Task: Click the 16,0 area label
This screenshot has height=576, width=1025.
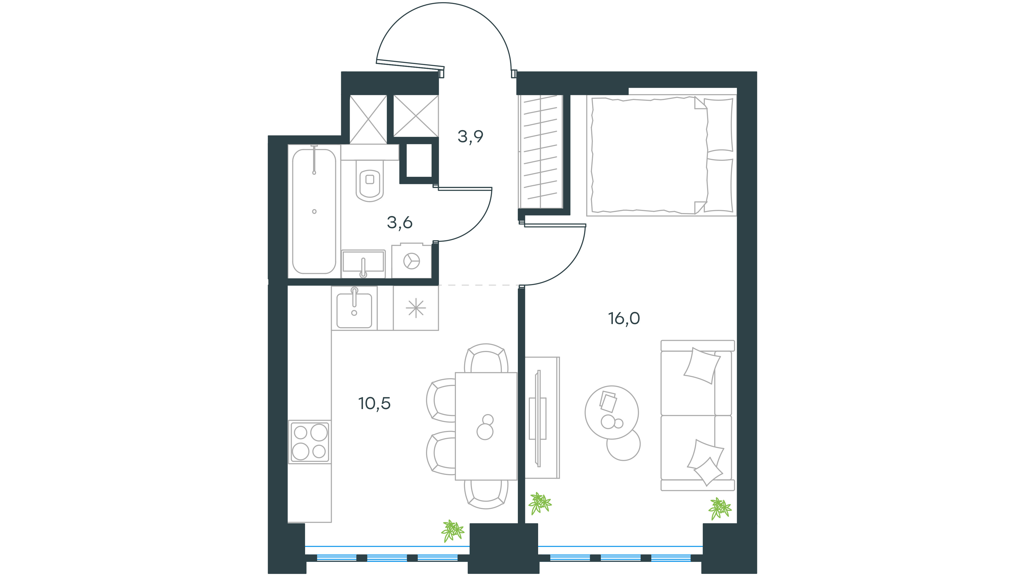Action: [624, 318]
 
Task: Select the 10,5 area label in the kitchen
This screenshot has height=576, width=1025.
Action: [374, 403]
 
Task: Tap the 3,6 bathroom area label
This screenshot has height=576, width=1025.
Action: [400, 223]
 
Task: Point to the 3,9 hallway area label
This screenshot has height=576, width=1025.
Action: [470, 136]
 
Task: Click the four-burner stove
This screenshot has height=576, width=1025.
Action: [310, 442]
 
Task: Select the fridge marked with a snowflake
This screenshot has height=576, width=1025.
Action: [416, 308]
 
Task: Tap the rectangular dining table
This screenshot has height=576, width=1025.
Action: [486, 426]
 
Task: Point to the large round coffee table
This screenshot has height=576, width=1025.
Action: [612, 412]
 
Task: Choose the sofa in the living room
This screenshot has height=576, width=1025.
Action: [697, 415]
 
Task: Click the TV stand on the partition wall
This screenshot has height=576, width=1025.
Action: [542, 417]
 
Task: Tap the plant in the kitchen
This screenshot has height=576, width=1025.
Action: [452, 531]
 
